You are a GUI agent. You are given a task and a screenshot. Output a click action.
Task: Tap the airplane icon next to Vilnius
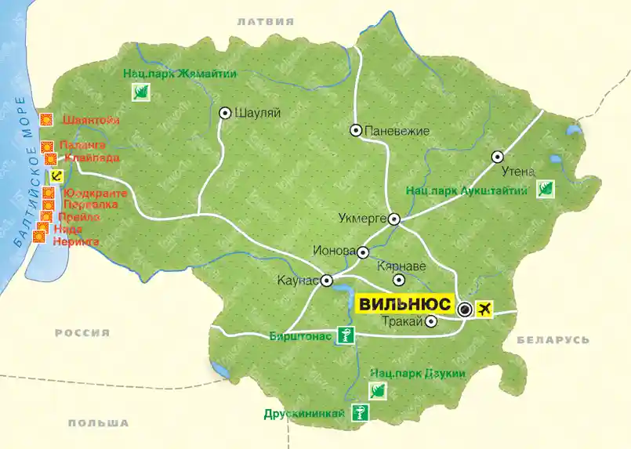[x=487, y=309]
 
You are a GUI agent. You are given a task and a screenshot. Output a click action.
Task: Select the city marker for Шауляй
[x=225, y=113]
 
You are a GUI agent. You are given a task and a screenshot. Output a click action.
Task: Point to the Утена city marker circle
[x=497, y=157]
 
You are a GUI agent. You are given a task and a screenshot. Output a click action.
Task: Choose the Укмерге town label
[x=362, y=219]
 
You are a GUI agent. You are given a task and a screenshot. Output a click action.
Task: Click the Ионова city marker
[x=363, y=252]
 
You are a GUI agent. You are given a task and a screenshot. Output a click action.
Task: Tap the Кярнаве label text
[x=401, y=266]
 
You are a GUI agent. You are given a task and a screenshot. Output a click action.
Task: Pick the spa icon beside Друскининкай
[x=359, y=414]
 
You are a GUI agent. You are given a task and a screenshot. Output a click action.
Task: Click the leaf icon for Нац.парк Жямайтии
[x=142, y=93]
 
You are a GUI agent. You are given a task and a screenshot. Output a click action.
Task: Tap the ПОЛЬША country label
[x=98, y=423]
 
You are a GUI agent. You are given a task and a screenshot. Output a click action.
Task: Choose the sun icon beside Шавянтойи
[x=46, y=120]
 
